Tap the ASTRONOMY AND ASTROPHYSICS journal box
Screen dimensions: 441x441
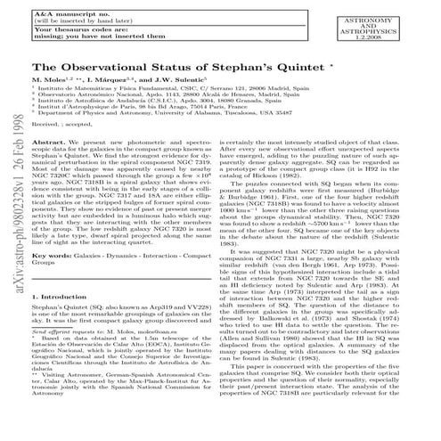point(384,21)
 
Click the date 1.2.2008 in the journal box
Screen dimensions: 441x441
point(384,37)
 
